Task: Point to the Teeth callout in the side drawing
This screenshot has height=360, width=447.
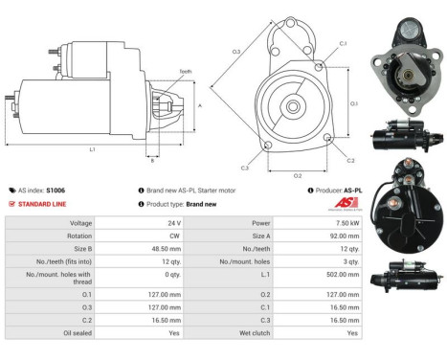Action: point(185,72)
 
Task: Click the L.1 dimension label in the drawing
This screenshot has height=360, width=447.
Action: point(92,150)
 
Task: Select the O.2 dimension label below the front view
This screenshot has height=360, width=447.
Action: point(298,175)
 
